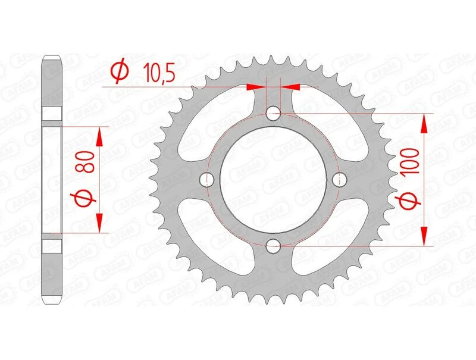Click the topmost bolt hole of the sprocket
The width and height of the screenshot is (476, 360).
coord(274,112)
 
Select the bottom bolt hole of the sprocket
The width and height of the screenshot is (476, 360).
coord(274,245)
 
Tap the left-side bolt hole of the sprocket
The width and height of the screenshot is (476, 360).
coord(208,179)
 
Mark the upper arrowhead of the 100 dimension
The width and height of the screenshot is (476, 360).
coord(425,123)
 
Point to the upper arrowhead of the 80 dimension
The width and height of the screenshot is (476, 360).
coord(100,136)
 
